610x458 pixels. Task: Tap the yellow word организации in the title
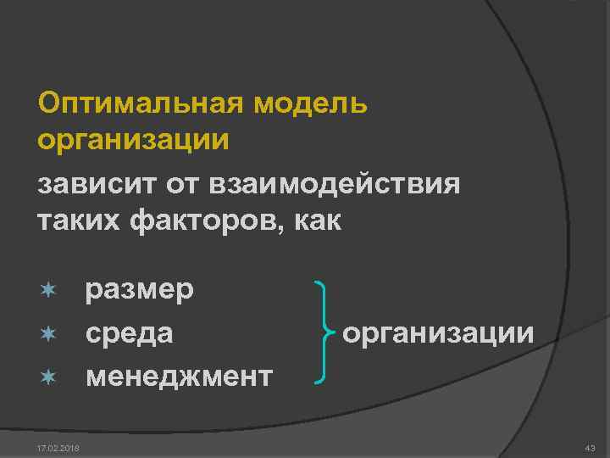[x=134, y=139]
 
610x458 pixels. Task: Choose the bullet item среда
[x=129, y=332]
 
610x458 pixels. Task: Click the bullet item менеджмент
[x=178, y=374]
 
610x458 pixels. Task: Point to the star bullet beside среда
[x=49, y=332]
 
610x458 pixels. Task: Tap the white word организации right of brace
[x=438, y=332]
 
